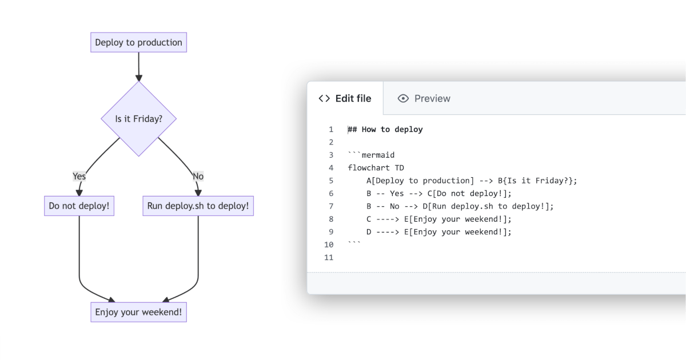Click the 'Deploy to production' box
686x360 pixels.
[138, 43]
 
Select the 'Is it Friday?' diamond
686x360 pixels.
[138, 119]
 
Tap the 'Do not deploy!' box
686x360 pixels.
[79, 206]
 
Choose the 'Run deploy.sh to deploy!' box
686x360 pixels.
[198, 206]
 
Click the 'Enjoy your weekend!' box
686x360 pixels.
[138, 312]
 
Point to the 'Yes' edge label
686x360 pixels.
[79, 176]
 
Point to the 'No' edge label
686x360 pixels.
[198, 176]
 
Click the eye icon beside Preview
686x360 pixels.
[404, 98]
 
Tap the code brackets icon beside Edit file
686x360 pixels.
[324, 98]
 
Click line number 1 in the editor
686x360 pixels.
[331, 130]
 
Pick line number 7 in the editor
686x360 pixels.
[331, 206]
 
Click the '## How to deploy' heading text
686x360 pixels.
[385, 130]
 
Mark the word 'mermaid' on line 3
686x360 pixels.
[378, 155]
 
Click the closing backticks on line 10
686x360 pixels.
[354, 243]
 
